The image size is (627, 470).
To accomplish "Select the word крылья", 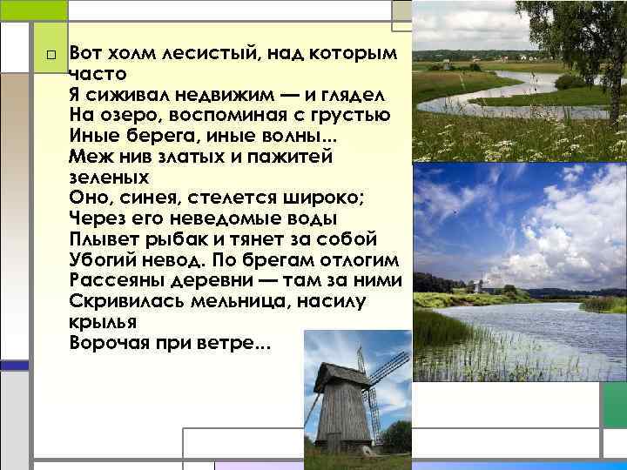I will click(x=100, y=320).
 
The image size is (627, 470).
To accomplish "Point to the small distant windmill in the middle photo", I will click(x=477, y=285).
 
